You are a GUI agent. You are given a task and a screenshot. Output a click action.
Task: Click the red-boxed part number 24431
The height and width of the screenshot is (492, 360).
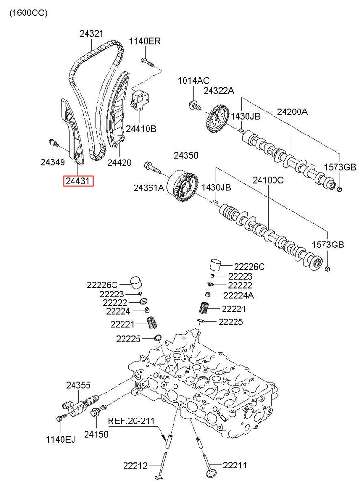(78, 181)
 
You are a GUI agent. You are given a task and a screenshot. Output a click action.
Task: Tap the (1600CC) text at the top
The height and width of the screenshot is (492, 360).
(28, 13)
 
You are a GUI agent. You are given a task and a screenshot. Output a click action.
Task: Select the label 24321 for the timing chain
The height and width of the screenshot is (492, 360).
(91, 33)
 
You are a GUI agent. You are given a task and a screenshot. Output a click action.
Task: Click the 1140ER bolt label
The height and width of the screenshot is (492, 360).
(145, 41)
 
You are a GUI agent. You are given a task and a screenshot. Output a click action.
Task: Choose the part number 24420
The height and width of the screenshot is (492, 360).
(119, 162)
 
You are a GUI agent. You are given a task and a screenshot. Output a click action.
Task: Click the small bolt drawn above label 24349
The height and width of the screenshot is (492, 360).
(54, 142)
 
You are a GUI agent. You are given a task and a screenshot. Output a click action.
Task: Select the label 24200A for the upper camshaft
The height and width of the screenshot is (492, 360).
(292, 111)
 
